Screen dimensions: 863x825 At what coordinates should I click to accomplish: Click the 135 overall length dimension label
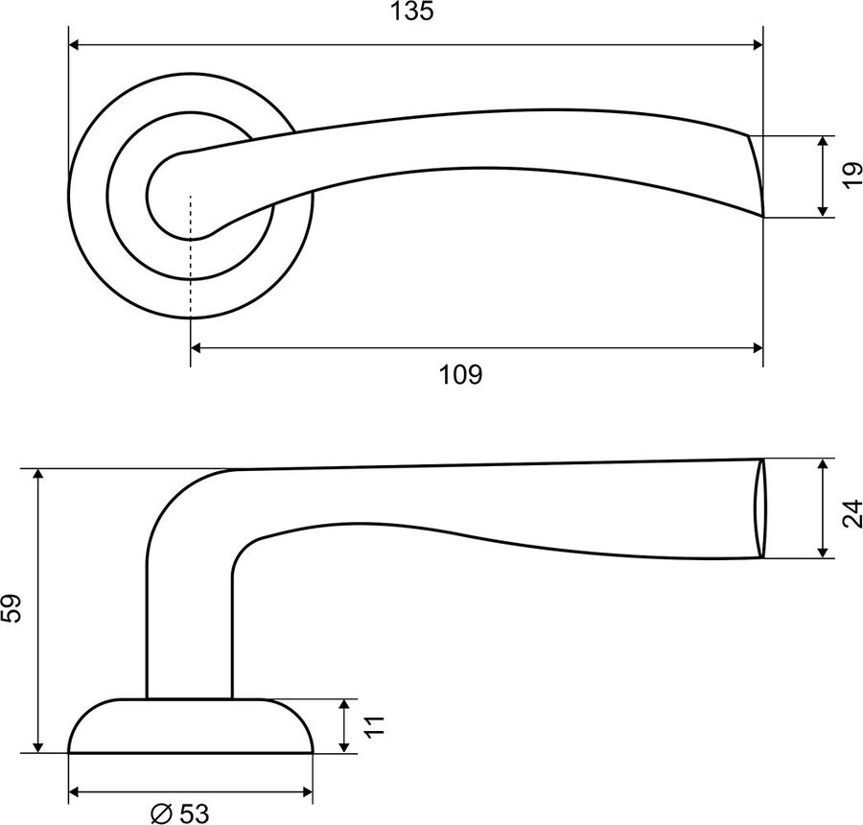(x=411, y=12)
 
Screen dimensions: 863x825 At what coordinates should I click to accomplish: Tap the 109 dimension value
(x=460, y=375)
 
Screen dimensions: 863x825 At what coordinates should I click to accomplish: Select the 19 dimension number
(x=852, y=176)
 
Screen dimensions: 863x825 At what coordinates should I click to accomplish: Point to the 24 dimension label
(x=852, y=513)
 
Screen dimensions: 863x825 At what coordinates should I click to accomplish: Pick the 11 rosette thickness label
(x=373, y=726)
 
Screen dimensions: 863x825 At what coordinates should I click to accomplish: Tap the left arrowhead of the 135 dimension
(x=75, y=45)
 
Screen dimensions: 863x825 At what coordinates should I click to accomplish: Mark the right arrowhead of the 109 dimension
(x=758, y=347)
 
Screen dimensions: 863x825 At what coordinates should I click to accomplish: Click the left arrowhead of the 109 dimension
(x=197, y=347)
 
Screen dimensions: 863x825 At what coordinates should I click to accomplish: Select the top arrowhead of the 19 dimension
(x=823, y=142)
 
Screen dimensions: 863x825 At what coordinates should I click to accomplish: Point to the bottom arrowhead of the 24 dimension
(x=823, y=552)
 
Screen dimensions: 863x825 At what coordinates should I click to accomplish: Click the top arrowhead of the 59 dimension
(x=38, y=475)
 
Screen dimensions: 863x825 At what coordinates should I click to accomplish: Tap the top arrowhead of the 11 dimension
(x=344, y=705)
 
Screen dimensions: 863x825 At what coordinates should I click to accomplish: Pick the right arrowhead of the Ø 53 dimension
(x=307, y=792)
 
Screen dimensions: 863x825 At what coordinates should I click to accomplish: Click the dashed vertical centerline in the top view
(x=191, y=257)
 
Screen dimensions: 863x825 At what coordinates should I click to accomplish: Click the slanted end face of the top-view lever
(x=757, y=176)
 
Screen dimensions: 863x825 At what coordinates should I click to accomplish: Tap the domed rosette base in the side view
(x=191, y=726)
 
